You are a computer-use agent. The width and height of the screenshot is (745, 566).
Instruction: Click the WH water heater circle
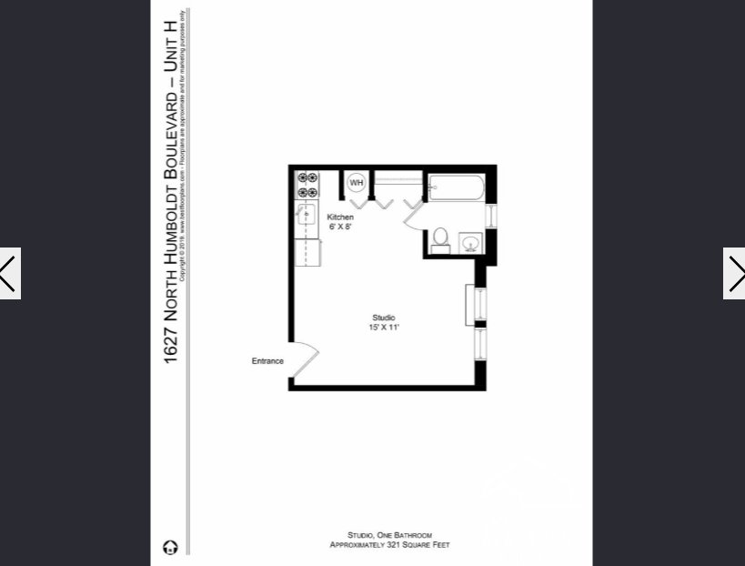[356, 183]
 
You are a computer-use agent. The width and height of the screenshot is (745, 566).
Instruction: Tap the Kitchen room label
[340, 217]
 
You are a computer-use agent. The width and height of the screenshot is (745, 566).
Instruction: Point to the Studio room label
[383, 317]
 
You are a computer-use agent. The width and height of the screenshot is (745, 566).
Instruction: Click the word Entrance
[267, 361]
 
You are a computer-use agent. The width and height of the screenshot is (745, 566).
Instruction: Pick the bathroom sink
[470, 243]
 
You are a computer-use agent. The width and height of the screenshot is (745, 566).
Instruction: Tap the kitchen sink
[307, 217]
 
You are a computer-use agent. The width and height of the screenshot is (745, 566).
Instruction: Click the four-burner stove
[307, 185]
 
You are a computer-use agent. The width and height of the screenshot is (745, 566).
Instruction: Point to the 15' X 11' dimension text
[383, 327]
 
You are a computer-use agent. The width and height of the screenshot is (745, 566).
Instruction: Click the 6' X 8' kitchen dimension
[340, 227]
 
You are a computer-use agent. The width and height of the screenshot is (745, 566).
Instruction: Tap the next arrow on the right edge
[734, 273]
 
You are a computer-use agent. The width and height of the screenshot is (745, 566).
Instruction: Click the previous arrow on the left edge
[9, 273]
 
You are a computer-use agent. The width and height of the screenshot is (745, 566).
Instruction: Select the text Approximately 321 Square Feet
[389, 545]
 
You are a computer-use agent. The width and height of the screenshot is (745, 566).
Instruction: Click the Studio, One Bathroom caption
[389, 535]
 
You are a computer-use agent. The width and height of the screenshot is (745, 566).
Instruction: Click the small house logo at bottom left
[170, 547]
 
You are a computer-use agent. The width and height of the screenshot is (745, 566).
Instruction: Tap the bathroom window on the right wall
[491, 216]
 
